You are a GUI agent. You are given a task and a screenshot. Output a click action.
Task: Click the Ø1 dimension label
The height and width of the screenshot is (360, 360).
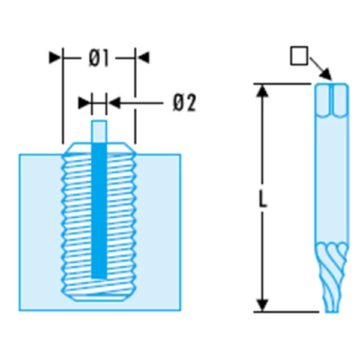click(98, 58)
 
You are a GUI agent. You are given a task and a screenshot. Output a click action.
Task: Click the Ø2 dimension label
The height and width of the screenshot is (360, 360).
click(185, 103)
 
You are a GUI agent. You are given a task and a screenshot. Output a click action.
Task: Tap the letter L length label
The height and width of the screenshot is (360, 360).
click(263, 199)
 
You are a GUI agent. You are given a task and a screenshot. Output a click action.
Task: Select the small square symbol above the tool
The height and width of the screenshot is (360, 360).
click(299, 56)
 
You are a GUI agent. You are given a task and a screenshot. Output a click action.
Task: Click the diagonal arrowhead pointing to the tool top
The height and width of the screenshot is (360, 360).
click(326, 74)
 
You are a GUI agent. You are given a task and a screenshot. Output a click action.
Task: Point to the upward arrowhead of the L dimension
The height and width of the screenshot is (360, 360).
click(262, 91)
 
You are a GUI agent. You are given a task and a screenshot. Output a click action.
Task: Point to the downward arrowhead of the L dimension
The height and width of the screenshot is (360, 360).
click(262, 305)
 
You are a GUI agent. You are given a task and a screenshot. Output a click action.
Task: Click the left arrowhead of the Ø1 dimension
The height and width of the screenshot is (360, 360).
click(55, 58)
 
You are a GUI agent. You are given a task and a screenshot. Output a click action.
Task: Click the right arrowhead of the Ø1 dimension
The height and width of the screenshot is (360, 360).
click(143, 58)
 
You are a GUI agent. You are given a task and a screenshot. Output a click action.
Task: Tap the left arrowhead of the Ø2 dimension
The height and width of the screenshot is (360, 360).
click(84, 103)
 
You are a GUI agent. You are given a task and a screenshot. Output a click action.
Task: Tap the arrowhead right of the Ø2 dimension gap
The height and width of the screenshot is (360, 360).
click(114, 103)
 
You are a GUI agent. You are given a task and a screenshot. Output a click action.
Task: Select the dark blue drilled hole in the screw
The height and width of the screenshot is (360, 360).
click(99, 211)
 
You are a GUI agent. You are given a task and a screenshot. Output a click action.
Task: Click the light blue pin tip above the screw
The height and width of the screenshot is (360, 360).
click(99, 131)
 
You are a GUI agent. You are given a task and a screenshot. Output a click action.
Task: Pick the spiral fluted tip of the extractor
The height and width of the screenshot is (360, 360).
click(332, 277)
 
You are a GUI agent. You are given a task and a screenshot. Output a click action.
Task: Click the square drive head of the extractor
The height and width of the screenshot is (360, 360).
click(332, 101)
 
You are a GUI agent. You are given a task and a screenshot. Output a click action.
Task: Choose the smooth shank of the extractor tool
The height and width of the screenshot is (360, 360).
click(332, 179)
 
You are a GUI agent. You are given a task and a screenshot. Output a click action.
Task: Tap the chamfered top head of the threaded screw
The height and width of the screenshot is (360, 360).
click(99, 149)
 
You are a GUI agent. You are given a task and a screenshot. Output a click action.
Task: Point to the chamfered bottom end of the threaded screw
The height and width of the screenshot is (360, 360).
click(99, 296)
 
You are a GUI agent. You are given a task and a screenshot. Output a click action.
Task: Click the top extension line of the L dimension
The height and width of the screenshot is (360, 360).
click(283, 84)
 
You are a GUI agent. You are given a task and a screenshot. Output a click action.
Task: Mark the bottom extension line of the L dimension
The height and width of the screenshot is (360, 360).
click(286, 312)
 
